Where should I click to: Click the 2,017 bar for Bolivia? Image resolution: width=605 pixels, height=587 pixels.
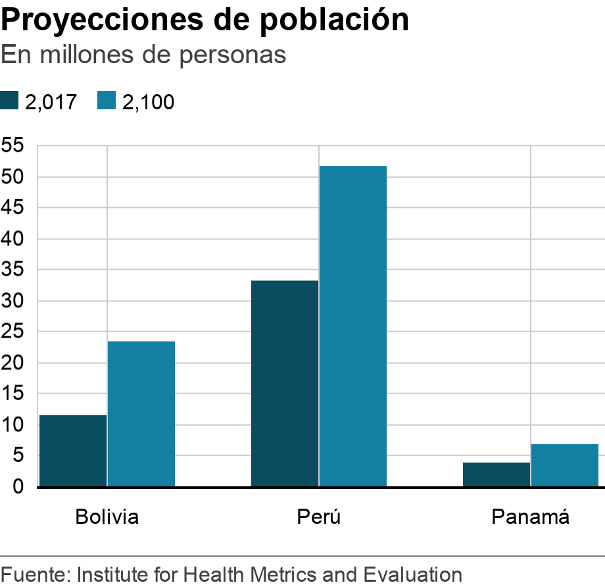point(73,451)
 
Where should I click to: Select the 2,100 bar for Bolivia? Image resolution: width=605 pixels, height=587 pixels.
point(141,414)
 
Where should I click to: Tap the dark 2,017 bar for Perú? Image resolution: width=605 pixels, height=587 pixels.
point(285,384)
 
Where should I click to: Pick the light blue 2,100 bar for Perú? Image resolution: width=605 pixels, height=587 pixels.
point(353,326)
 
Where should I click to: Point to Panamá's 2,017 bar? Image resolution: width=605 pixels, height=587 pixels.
point(496,474)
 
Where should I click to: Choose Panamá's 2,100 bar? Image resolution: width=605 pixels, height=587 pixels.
point(565,465)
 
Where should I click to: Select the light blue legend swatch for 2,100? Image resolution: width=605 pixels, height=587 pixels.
point(107,101)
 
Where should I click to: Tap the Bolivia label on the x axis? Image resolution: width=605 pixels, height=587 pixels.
point(107,517)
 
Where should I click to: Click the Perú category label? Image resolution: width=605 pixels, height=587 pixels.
point(319,517)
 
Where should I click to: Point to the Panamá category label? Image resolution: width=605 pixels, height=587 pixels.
point(531,517)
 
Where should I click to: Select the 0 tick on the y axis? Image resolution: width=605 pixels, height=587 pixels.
point(18,487)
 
